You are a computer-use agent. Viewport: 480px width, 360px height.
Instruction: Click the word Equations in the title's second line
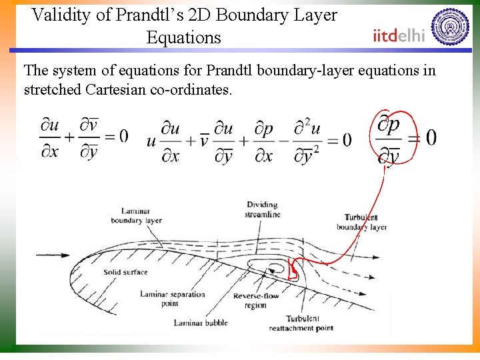click(183, 37)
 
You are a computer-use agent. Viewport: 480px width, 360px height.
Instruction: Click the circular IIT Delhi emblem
click(450, 27)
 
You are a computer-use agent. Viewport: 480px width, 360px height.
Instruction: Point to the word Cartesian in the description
click(117, 89)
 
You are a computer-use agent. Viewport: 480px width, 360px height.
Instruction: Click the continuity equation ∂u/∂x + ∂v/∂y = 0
click(83, 137)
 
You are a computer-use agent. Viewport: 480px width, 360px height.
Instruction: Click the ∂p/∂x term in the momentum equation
click(264, 139)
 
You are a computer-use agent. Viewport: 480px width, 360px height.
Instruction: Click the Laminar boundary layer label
click(136, 216)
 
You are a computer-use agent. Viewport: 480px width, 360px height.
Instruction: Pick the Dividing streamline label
click(263, 209)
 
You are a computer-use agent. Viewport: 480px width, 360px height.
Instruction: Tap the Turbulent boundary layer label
click(361, 222)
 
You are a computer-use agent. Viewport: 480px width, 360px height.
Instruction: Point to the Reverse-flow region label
click(256, 301)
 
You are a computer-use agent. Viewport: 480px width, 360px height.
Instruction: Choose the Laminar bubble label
click(201, 323)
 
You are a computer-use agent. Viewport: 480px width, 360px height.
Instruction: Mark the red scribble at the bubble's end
click(292, 271)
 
